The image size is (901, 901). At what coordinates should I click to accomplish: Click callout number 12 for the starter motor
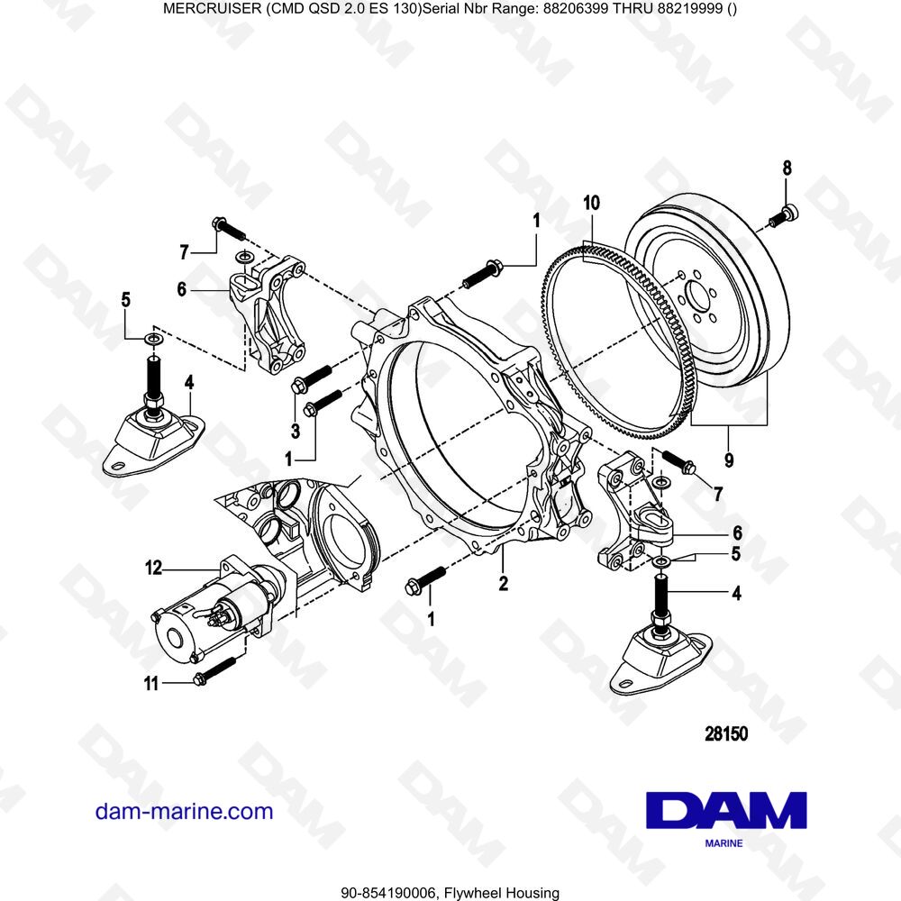click(154, 569)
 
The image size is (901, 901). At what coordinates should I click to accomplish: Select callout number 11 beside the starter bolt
click(152, 684)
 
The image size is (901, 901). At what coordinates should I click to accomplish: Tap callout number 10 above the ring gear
click(590, 203)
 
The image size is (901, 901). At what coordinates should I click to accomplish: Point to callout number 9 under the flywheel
click(728, 460)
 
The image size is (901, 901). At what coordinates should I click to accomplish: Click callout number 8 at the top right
click(787, 168)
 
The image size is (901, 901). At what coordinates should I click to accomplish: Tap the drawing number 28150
click(725, 734)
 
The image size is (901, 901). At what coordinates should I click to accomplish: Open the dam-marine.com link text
click(184, 811)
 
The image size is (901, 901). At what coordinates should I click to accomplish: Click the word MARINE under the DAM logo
click(724, 844)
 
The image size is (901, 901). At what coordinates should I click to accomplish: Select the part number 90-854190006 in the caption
click(389, 893)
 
